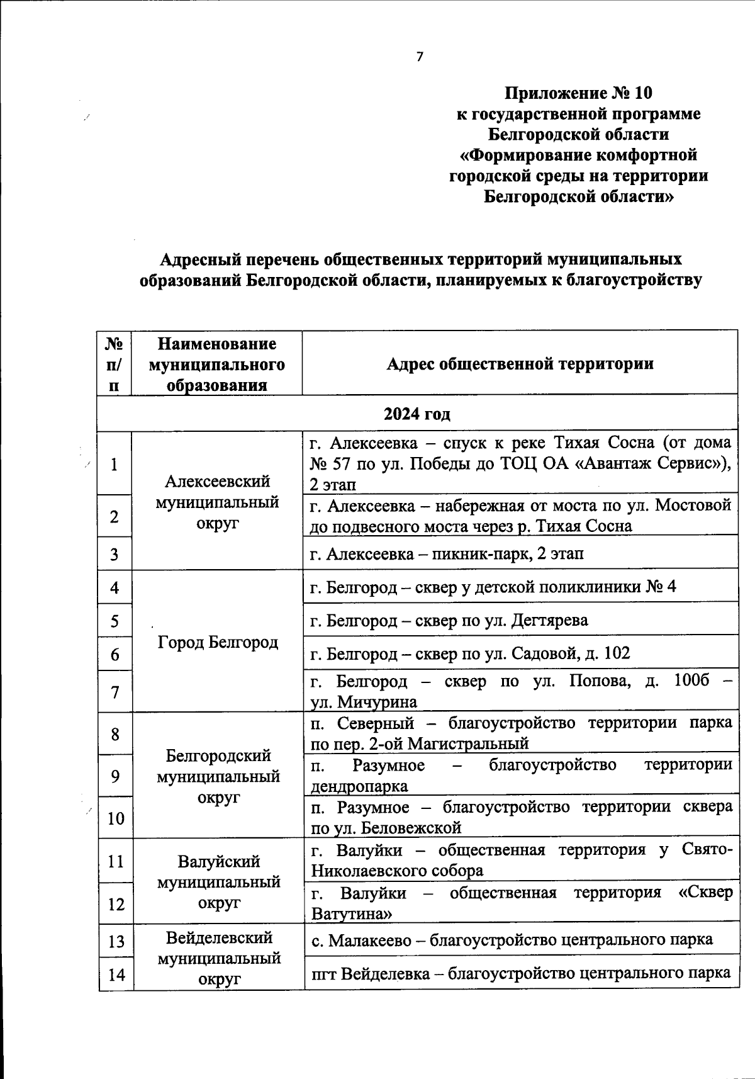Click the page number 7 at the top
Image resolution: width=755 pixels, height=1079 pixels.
click(420, 57)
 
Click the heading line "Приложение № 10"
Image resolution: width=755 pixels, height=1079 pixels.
click(578, 93)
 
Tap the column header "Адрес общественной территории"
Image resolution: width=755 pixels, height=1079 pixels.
click(520, 364)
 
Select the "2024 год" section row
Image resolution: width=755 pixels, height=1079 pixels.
click(417, 414)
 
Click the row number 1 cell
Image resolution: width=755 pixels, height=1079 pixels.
click(115, 465)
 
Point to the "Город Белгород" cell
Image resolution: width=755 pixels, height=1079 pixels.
click(218, 642)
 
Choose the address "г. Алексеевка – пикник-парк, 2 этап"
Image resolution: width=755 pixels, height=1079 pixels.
click(447, 554)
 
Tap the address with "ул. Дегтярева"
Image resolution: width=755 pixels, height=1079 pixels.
click(450, 621)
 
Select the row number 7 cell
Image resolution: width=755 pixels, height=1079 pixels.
click(115, 692)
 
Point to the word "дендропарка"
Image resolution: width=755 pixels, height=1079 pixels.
click(359, 786)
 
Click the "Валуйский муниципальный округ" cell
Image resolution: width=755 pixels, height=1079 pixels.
click(218, 881)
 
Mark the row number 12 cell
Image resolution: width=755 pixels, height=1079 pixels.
click(116, 904)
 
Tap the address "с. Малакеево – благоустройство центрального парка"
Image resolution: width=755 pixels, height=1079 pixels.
click(512, 940)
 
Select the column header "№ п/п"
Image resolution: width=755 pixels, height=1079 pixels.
click(114, 364)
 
